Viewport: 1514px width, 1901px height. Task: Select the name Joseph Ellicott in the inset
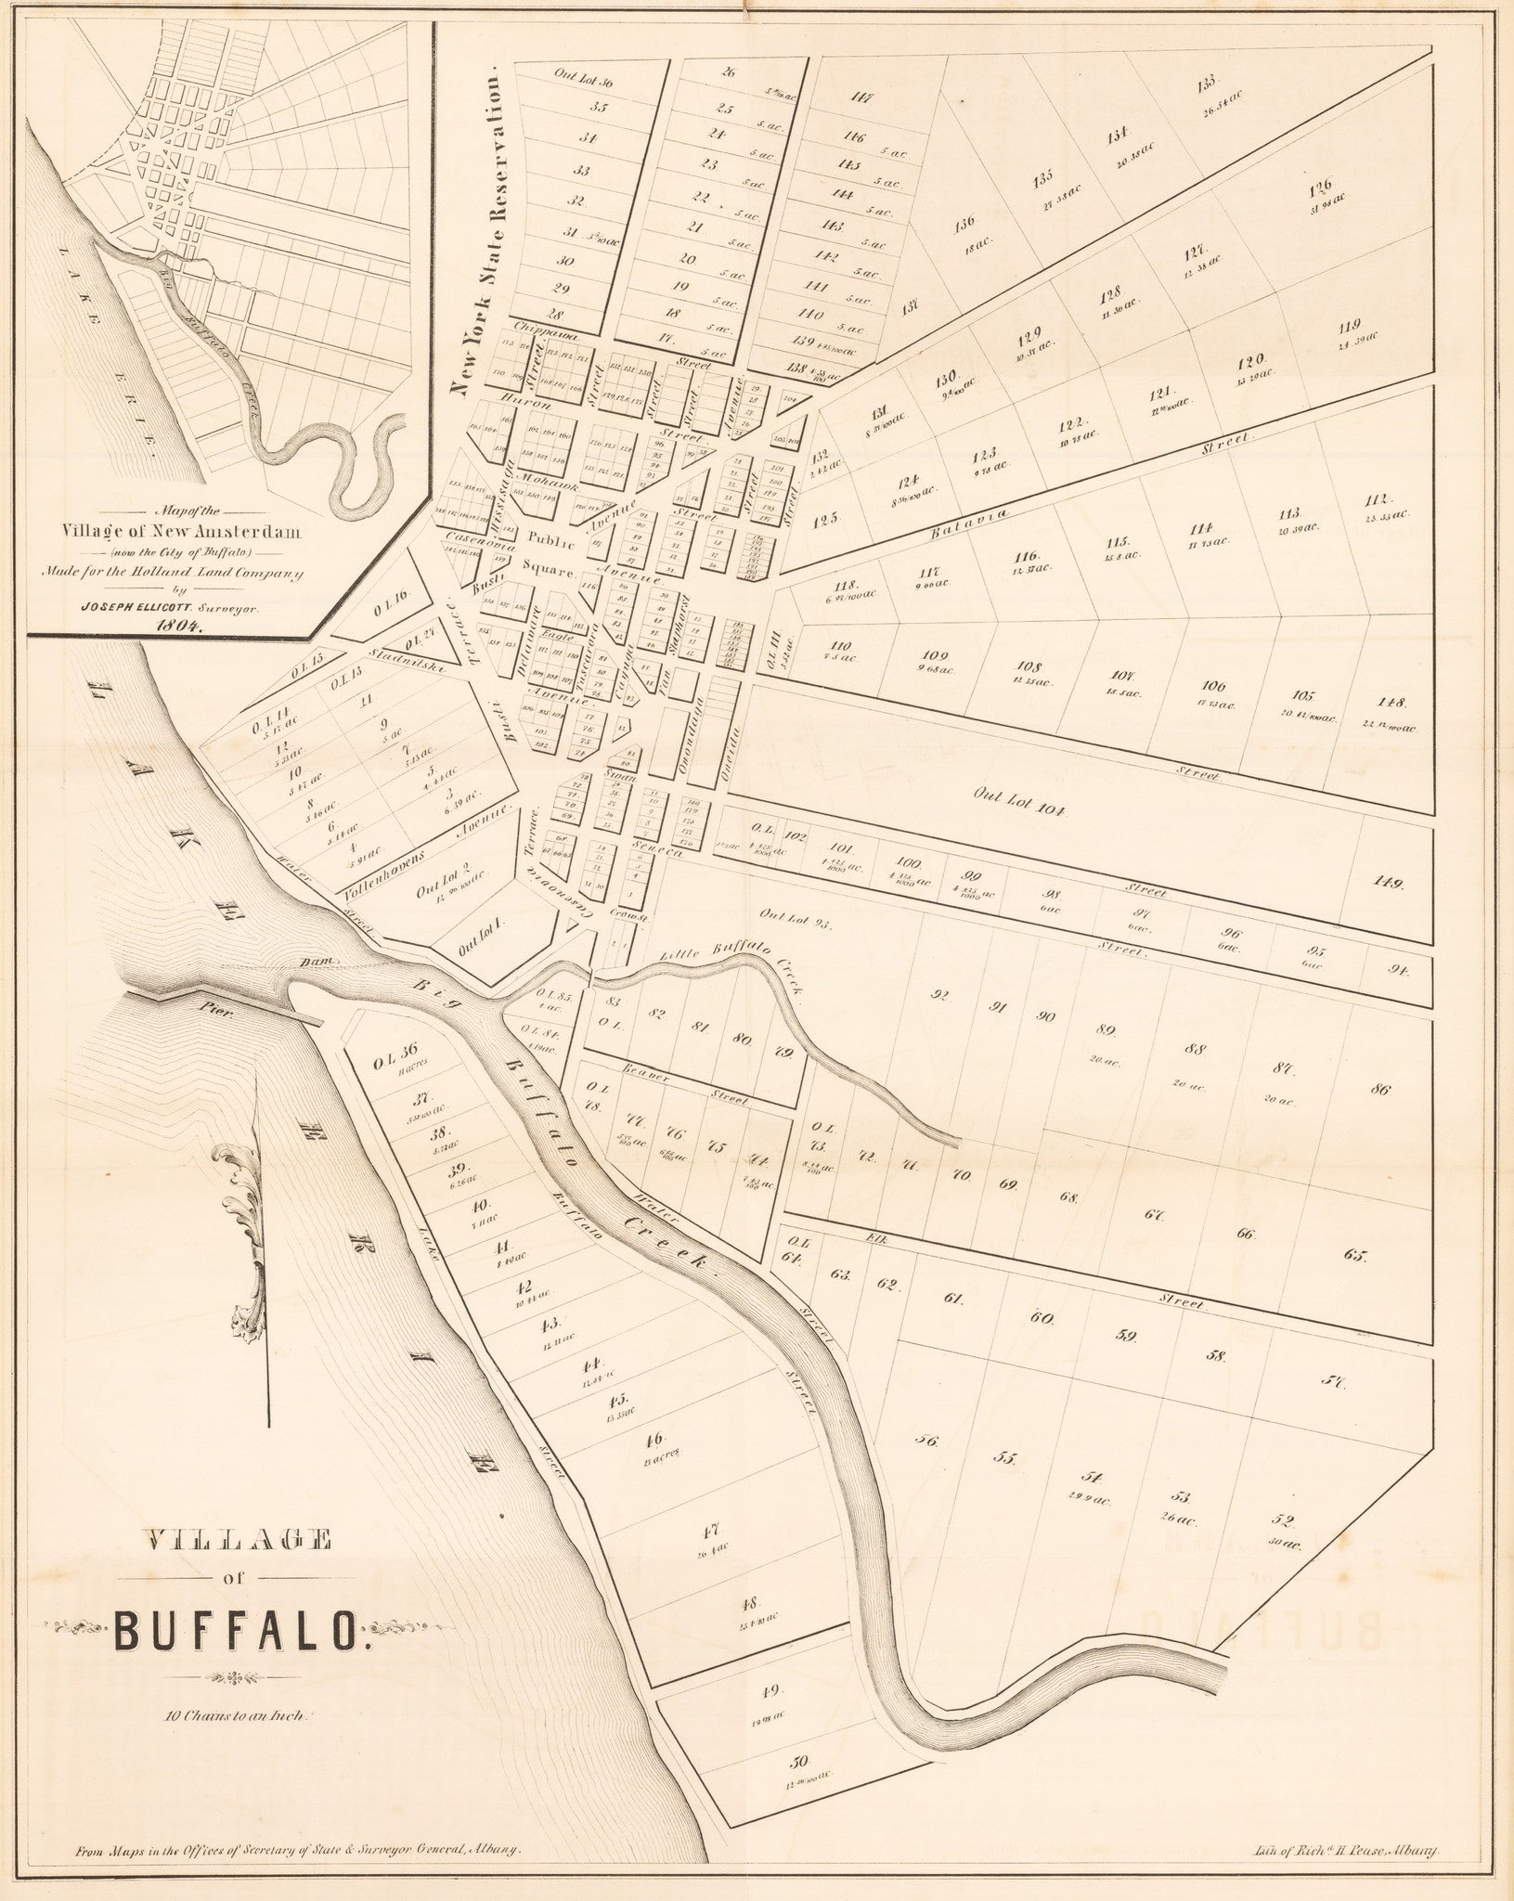click(x=174, y=606)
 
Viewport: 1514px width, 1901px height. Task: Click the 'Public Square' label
click(x=550, y=551)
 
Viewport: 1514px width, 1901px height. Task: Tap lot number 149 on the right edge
click(x=1390, y=883)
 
